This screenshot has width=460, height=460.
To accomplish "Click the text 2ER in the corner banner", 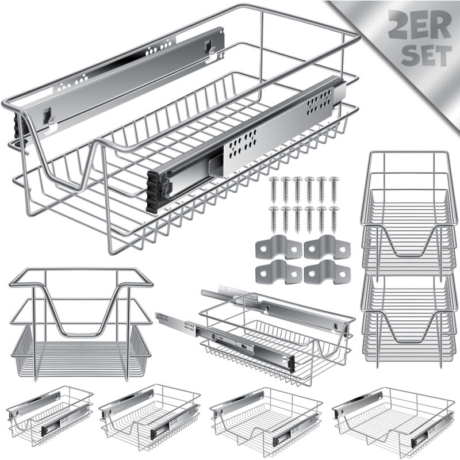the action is (x=420, y=25).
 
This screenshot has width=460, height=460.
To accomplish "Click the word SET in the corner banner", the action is (x=426, y=55).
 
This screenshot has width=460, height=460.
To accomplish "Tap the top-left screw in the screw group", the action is (x=274, y=190).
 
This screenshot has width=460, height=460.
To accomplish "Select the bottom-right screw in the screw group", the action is (x=333, y=220).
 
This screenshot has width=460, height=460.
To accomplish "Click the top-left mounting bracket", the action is (x=279, y=247).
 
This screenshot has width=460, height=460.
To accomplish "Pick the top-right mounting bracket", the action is (x=327, y=247).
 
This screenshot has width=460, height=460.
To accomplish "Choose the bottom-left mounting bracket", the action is (x=279, y=272).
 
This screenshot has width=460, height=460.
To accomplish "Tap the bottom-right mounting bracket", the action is (x=327, y=272).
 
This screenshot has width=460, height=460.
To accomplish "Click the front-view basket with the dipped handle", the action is (x=81, y=324).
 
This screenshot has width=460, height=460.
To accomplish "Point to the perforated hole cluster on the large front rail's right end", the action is (x=320, y=103).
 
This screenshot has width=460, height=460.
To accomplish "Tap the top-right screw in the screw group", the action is (x=333, y=190).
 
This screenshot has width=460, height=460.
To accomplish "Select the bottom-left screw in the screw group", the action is (x=274, y=220).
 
